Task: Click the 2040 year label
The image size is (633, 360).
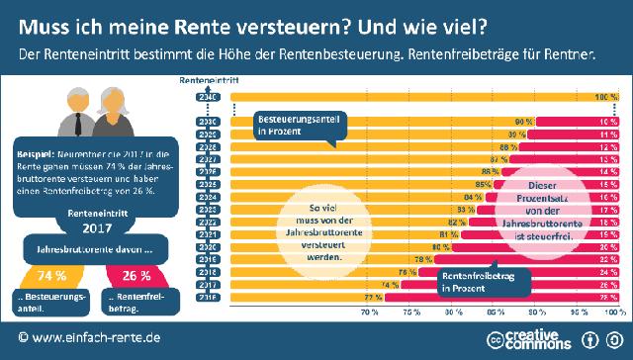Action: [x=208, y=97]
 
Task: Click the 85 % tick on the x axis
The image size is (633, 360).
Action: [x=496, y=312]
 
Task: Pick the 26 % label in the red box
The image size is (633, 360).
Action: [x=137, y=275]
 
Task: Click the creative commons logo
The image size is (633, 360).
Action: [x=524, y=339]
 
